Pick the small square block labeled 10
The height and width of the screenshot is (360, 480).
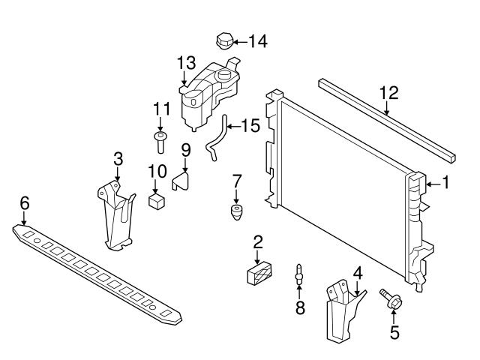[157, 202]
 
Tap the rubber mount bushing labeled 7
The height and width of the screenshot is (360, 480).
[238, 211]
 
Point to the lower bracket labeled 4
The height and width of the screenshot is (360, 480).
[342, 310]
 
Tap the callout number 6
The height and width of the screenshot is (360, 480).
[25, 202]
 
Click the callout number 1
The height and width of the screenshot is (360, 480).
[445, 181]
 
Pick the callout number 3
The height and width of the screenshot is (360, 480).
[118, 158]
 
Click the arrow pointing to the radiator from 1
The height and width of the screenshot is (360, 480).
[430, 181]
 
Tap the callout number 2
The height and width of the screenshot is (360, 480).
[257, 241]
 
